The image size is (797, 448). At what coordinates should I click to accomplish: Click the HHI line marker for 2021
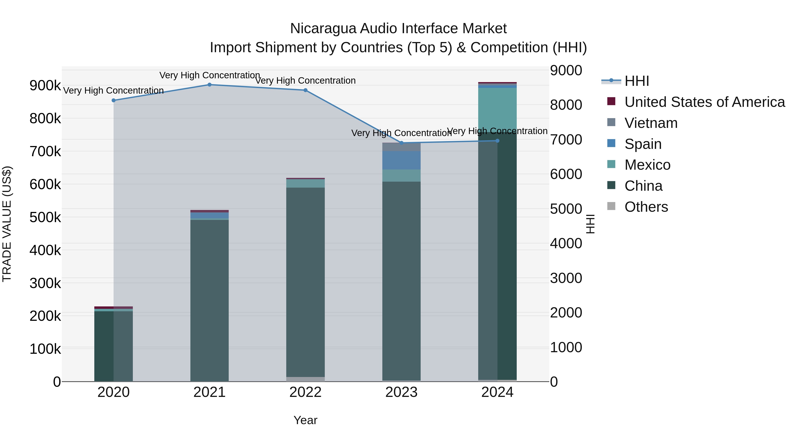coord(209,85)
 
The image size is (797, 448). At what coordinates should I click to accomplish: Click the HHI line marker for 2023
coord(402,143)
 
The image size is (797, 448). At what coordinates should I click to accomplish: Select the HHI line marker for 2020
coord(114,100)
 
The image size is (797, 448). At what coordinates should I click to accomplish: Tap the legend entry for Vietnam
coord(651,123)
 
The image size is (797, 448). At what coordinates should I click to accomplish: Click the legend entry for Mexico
coord(647,165)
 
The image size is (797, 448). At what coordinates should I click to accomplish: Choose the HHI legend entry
coord(636,81)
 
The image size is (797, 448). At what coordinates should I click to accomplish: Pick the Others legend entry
coord(646,207)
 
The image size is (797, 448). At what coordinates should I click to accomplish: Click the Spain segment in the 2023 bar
coord(401,160)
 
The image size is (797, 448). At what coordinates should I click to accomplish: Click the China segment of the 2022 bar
coord(305,281)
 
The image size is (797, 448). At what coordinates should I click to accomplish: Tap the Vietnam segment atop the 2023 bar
coord(401,147)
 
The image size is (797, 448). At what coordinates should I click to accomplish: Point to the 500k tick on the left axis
coord(45,217)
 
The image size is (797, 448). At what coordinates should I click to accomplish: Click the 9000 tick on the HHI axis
coord(566,71)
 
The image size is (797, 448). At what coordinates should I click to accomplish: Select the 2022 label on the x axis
coord(305,392)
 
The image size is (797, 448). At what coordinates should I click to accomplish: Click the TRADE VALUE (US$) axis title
coord(7,224)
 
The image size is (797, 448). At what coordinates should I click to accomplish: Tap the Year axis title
coord(305,420)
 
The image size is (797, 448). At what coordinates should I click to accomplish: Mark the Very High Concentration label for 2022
coord(305,81)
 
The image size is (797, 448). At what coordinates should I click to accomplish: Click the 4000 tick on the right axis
coord(566,243)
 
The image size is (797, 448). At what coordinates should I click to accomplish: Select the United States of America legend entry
coord(704,102)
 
